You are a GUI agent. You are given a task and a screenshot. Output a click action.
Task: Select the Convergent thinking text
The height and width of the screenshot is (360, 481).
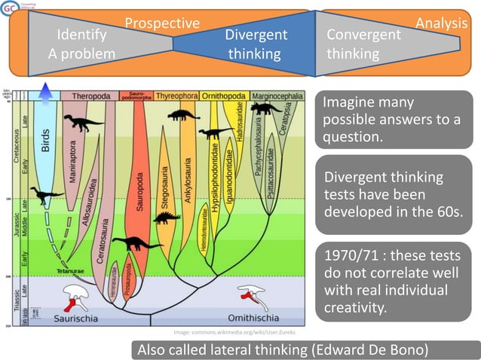pos(363,44)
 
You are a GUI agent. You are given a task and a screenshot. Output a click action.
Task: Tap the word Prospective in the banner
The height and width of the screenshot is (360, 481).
pos(161,23)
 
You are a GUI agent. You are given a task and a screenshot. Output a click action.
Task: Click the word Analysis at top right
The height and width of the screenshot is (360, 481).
pos(441,23)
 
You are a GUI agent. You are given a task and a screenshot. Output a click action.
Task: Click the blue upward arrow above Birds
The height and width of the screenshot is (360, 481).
pos(44,92)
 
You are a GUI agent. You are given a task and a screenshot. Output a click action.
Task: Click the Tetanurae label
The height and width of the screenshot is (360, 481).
pos(68,270)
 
